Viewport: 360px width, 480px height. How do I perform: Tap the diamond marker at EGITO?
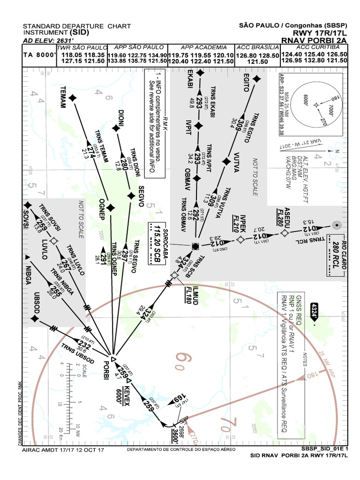(x=255, y=80)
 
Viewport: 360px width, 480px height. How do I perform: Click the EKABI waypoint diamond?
(x=200, y=73)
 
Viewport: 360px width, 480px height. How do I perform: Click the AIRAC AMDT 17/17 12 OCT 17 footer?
(x=63, y=450)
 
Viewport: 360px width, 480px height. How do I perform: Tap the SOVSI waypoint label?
(x=19, y=218)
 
